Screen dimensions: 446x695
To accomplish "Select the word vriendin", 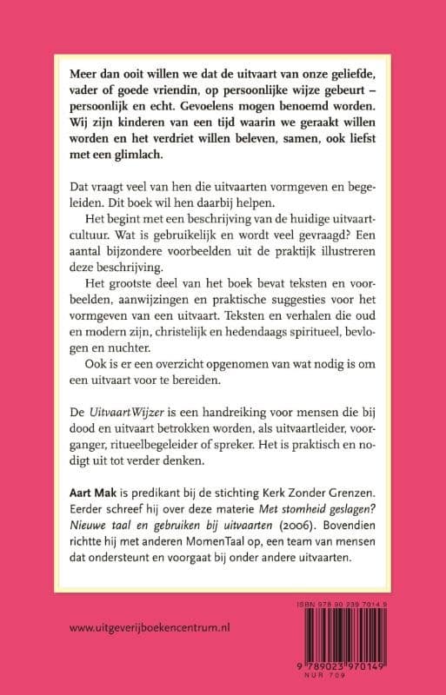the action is pyautogui.click(x=180, y=89).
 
